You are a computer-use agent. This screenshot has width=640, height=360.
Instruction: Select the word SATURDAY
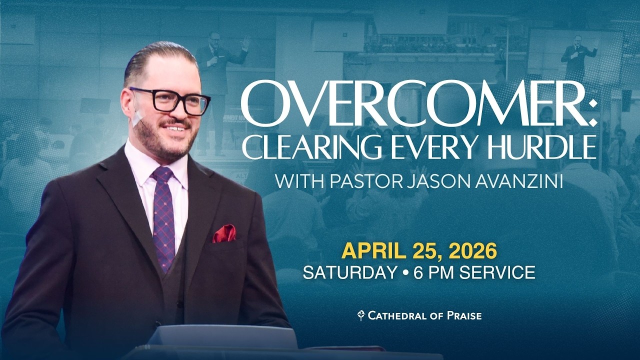point(349,272)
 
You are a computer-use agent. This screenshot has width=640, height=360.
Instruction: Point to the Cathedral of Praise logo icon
point(360,315)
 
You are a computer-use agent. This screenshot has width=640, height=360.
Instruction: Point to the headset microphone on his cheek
point(138,119)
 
